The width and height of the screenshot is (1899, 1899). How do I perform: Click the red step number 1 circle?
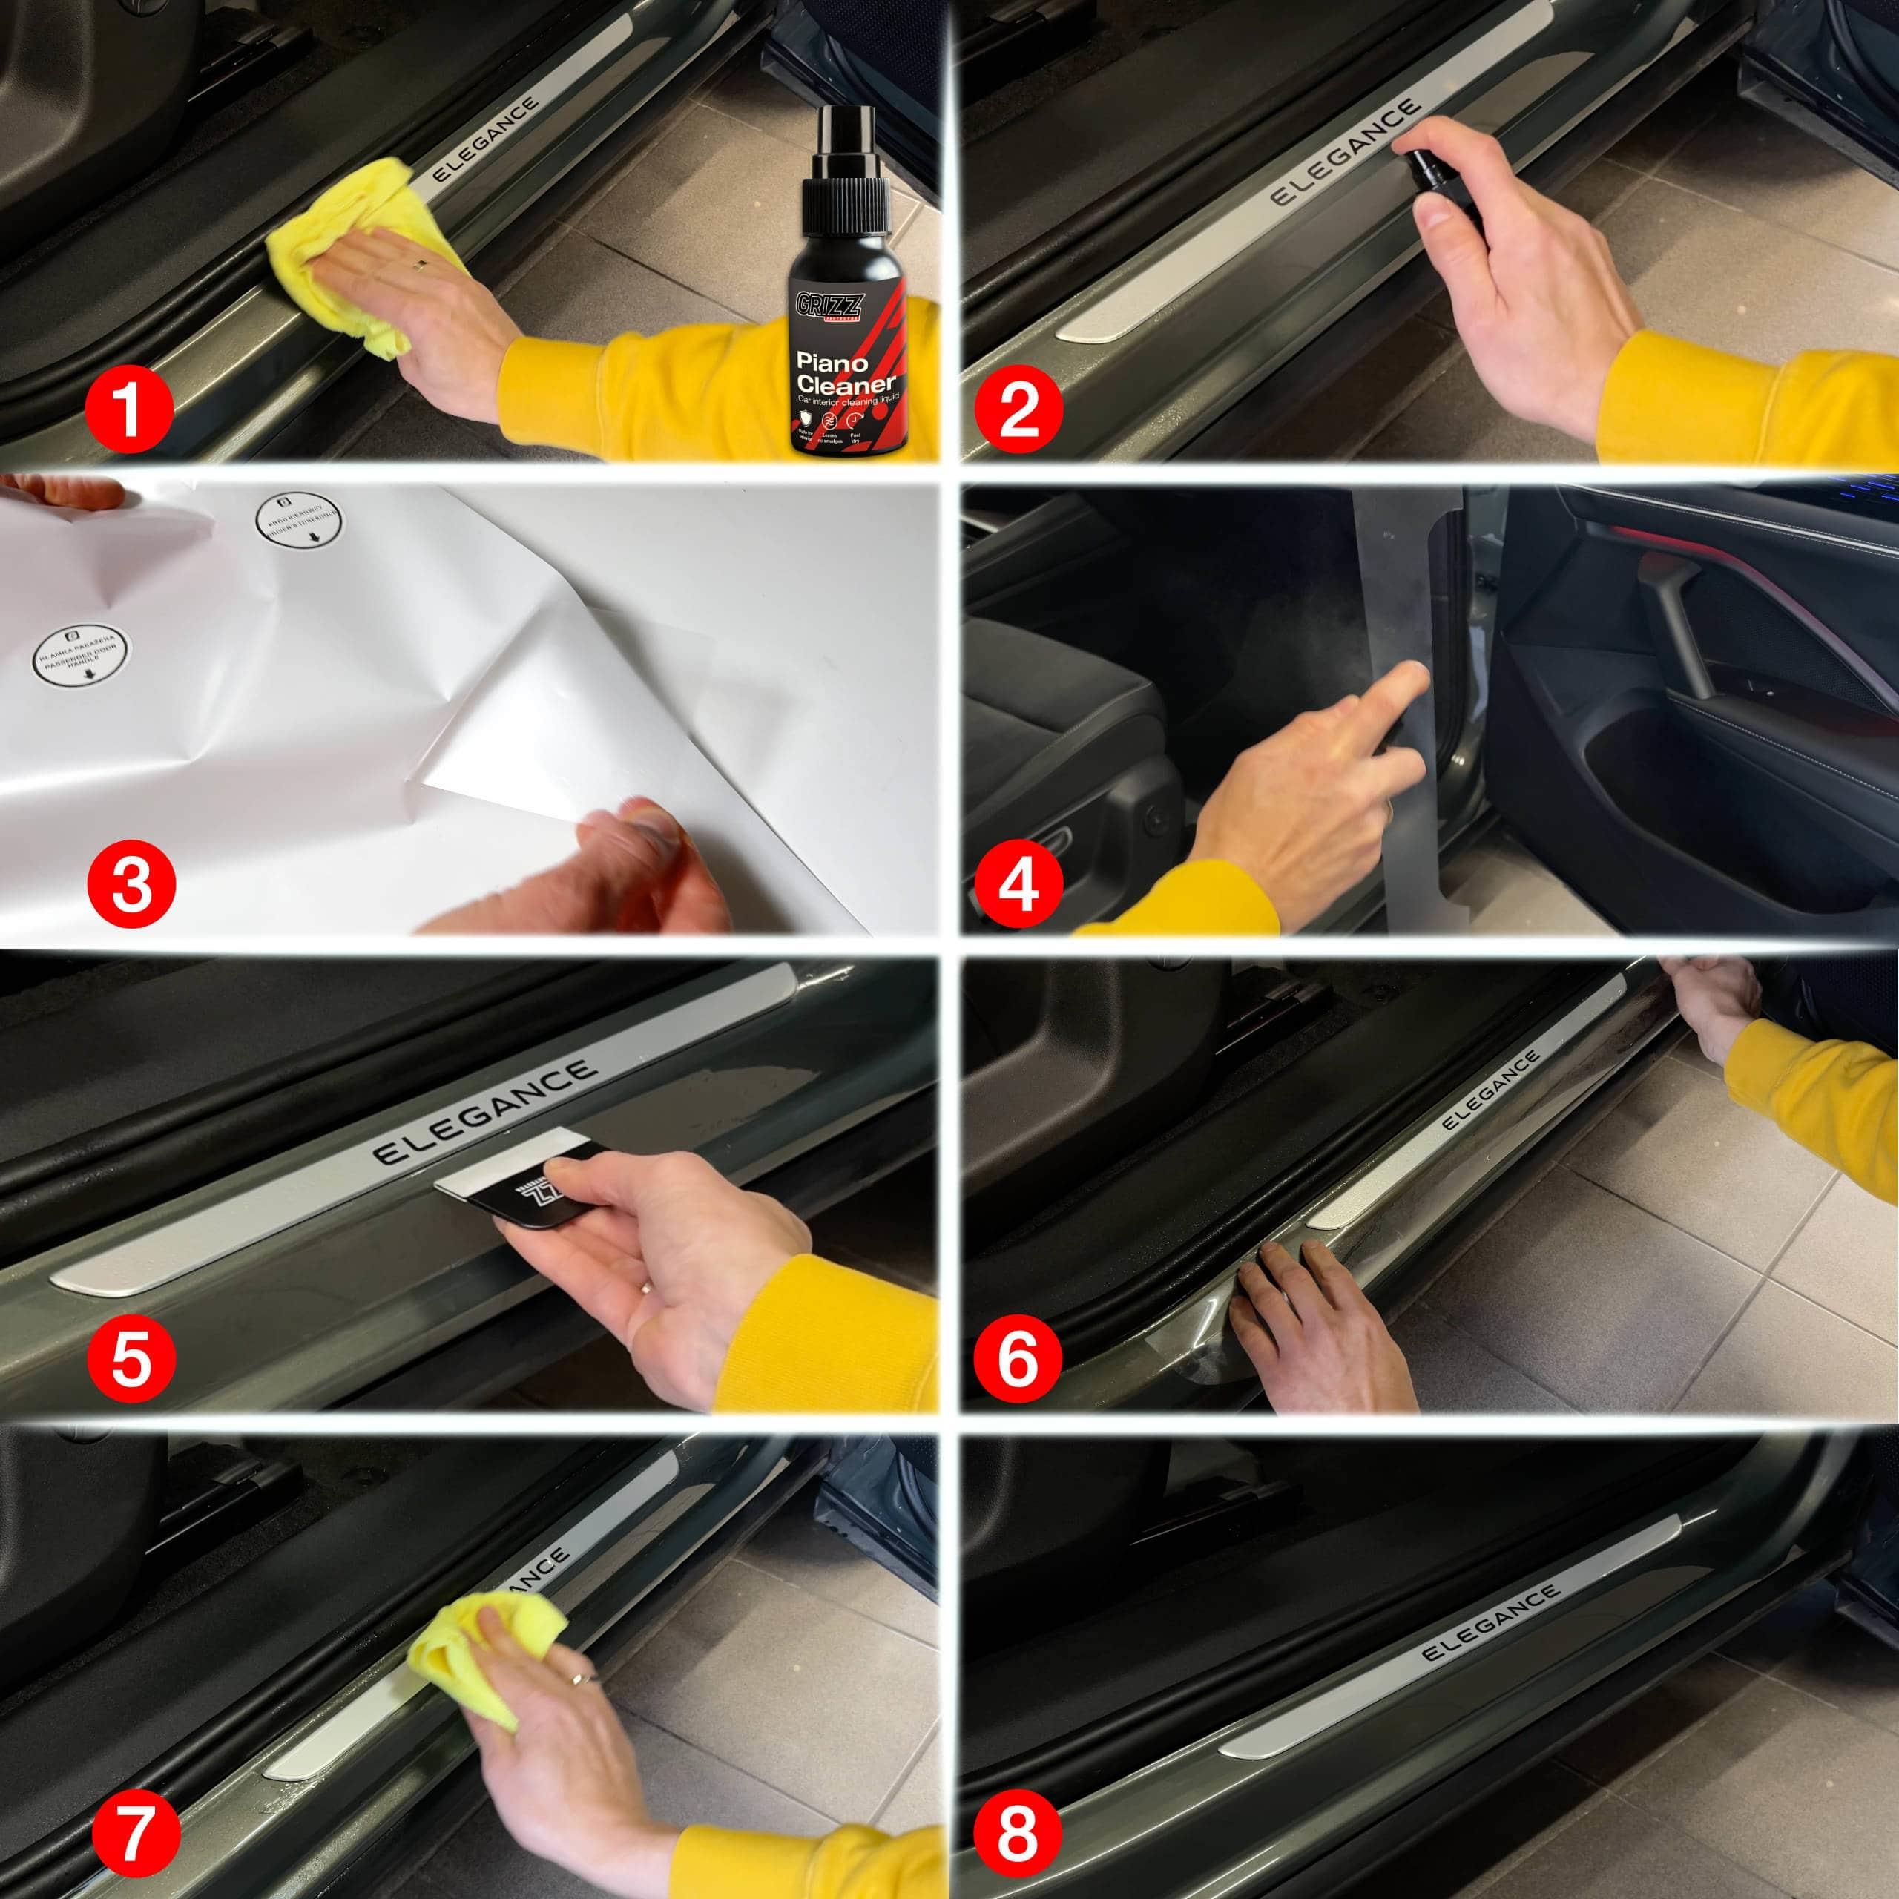(129, 410)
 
